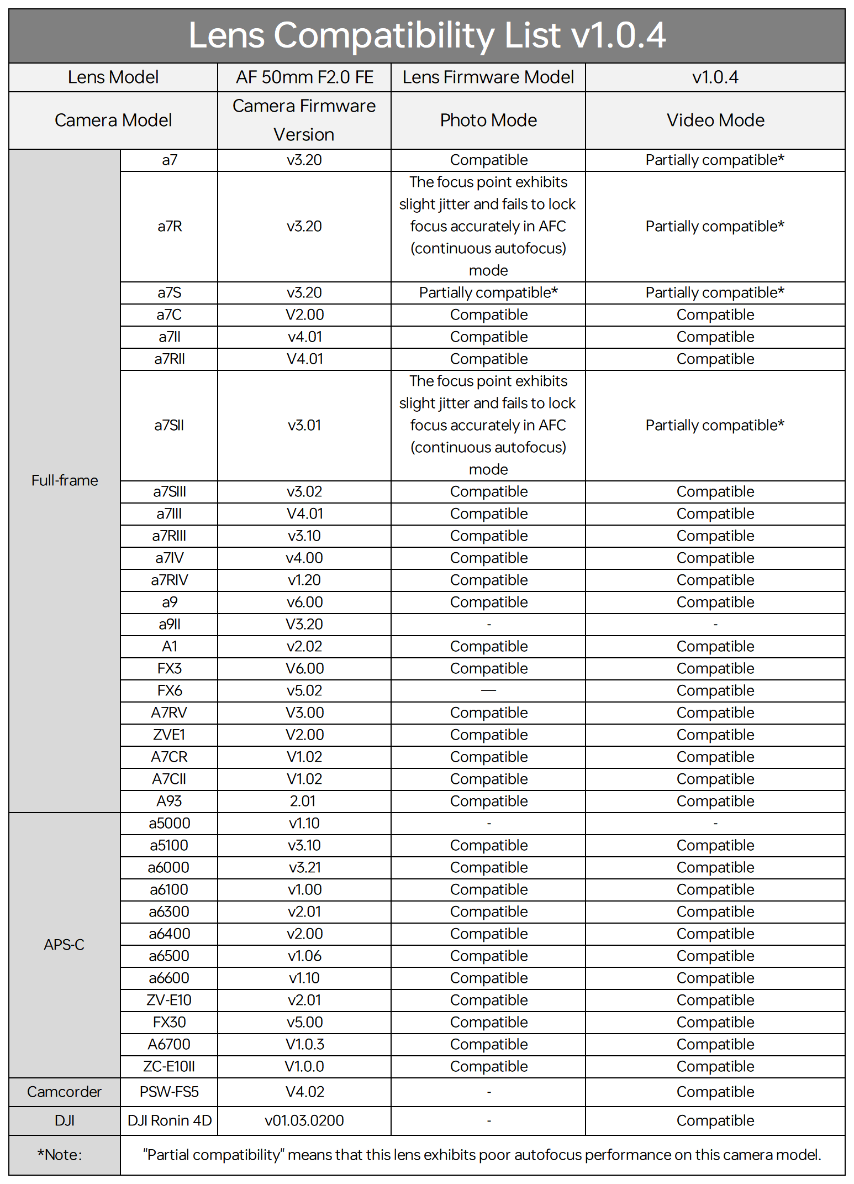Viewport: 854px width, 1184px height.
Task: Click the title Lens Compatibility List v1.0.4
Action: (x=426, y=35)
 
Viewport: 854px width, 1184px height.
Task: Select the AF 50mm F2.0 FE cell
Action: (x=304, y=77)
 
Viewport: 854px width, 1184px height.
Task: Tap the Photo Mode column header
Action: (x=488, y=121)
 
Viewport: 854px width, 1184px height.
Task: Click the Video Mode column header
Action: (x=715, y=121)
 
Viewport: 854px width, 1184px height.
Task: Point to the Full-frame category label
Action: (x=65, y=480)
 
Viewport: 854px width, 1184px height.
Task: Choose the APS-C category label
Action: (x=65, y=945)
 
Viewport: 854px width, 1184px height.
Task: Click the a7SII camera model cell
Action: (x=169, y=425)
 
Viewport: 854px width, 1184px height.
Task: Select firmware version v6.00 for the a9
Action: (x=304, y=602)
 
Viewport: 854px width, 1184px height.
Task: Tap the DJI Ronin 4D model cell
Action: (x=170, y=1120)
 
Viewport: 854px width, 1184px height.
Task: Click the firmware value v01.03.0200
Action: (x=304, y=1120)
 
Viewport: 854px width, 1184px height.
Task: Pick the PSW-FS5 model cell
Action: (x=169, y=1092)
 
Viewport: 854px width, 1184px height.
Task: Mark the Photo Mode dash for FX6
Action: (x=488, y=690)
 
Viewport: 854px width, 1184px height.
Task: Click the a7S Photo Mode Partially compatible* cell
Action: (x=488, y=292)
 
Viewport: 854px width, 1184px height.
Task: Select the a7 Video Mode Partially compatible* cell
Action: (x=715, y=160)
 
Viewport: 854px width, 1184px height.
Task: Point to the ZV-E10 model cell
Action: (x=169, y=1000)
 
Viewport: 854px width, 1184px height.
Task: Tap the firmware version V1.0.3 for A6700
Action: (x=304, y=1044)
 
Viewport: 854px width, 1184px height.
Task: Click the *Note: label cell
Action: (x=60, y=1155)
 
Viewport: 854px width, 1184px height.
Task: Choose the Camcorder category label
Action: (x=65, y=1092)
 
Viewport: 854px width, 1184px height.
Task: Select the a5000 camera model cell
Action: (x=169, y=823)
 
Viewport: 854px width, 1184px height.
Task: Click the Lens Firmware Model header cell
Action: (x=488, y=77)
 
